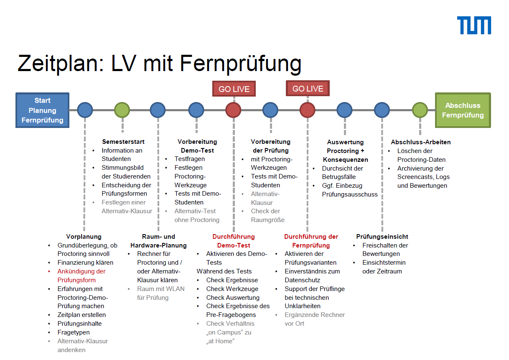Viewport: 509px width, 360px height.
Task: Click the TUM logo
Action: tap(474, 26)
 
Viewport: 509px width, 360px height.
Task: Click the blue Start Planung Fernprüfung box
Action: tap(42, 110)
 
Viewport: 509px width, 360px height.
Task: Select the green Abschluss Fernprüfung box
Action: tap(463, 110)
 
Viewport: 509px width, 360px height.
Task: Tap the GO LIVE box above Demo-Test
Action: tap(234, 89)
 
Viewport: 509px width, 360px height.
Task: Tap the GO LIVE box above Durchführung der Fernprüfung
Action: tap(308, 89)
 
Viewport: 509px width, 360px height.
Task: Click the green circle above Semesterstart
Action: tap(122, 110)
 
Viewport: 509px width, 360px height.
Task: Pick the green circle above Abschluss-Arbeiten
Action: tap(420, 110)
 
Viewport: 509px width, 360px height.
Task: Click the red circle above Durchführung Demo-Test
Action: tap(233, 110)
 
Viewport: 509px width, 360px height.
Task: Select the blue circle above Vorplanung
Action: tap(85, 110)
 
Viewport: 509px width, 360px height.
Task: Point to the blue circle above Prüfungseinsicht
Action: tap(382, 110)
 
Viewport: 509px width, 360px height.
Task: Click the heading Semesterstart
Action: tap(123, 142)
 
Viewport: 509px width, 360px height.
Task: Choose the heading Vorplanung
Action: tap(84, 237)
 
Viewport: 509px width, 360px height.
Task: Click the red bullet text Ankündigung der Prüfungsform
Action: tap(81, 276)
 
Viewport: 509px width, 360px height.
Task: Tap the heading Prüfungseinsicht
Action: tap(382, 237)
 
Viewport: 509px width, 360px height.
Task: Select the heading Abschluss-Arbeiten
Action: tap(420, 142)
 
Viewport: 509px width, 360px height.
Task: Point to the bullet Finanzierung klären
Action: tap(85, 263)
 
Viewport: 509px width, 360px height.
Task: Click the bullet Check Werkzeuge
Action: tap(232, 289)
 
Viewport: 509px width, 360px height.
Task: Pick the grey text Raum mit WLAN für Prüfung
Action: tap(160, 293)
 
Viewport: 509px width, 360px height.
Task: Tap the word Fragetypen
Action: tap(74, 332)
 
